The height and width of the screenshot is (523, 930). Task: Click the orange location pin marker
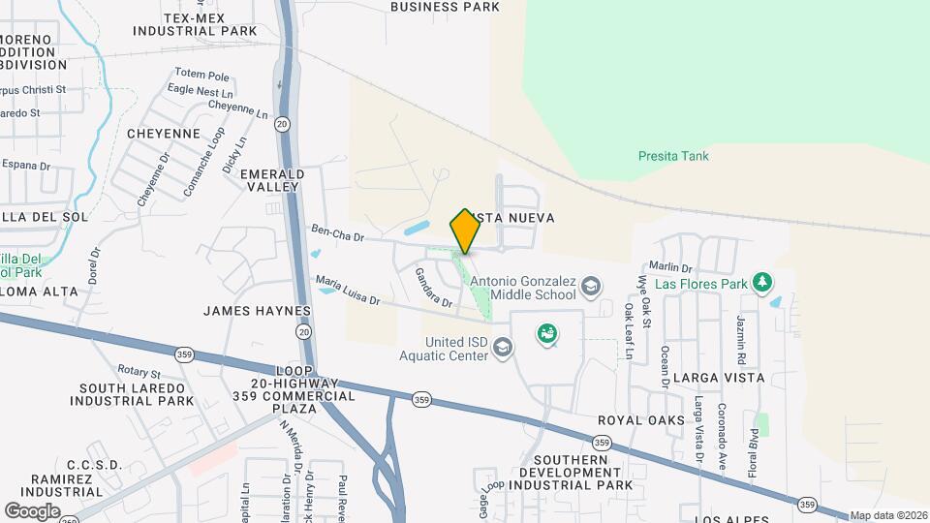(x=465, y=231)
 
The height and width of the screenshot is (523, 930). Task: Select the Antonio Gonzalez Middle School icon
(x=590, y=286)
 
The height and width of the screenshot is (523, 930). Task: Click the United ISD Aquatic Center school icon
(x=502, y=346)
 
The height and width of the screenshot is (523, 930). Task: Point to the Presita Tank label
(x=673, y=156)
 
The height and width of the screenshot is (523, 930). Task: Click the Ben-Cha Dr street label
(x=337, y=233)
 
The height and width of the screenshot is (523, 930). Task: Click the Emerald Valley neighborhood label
(x=272, y=180)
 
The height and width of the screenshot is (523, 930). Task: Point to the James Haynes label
(x=257, y=311)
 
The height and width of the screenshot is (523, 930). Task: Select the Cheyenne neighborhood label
(x=163, y=134)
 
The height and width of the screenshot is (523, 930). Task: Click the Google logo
(x=32, y=510)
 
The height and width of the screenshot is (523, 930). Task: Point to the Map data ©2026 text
(x=888, y=515)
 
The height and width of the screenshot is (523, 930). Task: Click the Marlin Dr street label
(x=670, y=267)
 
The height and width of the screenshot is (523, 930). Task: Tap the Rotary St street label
(x=139, y=372)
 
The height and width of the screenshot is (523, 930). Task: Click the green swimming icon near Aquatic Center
(x=547, y=334)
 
